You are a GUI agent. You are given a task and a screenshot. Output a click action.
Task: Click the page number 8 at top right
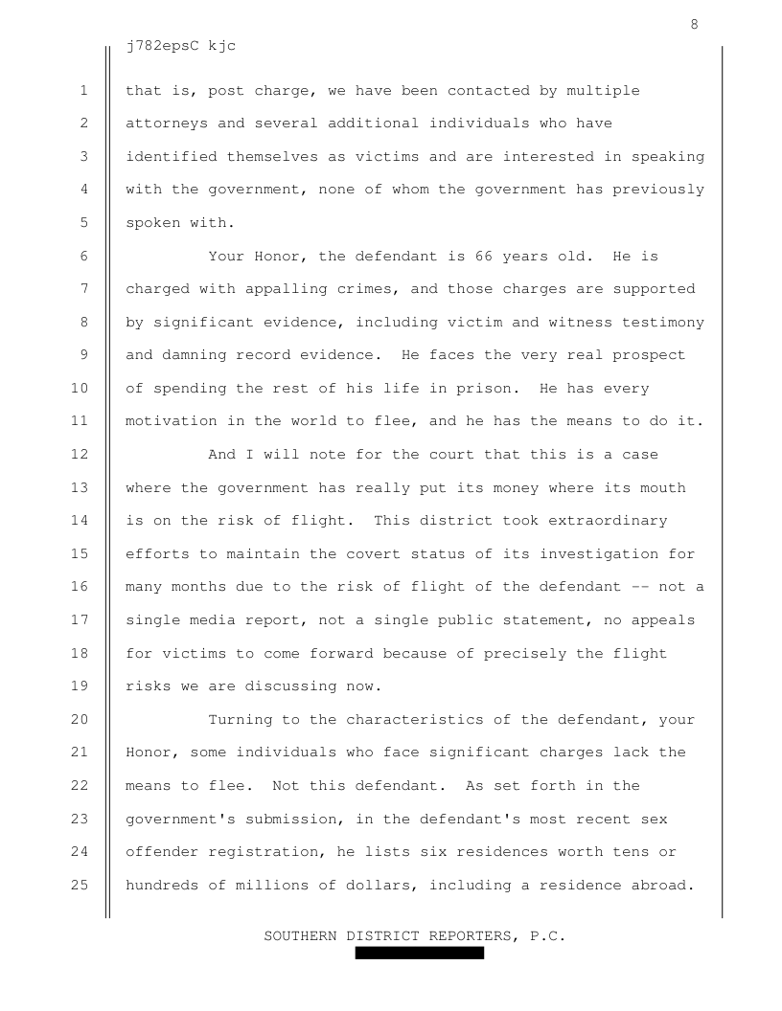[694, 25]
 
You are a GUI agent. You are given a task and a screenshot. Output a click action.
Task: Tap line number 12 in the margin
[80, 455]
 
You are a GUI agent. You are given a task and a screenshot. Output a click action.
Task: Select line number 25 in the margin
[80, 886]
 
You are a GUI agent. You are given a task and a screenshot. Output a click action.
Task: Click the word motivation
[167, 421]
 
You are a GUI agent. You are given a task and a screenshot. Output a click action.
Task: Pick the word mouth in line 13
[663, 487]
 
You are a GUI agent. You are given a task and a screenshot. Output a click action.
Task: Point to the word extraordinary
[608, 521]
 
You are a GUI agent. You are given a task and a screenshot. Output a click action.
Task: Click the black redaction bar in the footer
[419, 953]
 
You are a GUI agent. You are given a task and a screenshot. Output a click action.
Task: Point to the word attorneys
[167, 124]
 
